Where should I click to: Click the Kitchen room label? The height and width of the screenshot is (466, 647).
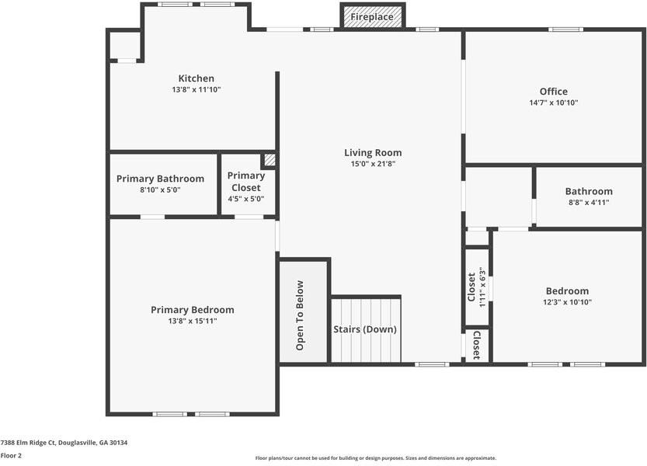196,78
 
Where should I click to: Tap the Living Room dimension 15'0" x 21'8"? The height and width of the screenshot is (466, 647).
373,164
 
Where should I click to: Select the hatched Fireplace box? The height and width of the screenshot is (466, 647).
372,16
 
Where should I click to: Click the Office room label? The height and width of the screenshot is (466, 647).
553,92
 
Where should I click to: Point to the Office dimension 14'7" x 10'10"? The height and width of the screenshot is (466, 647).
553,103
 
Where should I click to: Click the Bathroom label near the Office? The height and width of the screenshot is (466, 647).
588,191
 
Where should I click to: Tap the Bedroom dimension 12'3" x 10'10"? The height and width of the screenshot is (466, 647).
566,302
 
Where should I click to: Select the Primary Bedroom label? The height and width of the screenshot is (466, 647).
192,310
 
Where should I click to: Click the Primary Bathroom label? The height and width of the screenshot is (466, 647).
160,179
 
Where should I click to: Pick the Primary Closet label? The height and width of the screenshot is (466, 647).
245,182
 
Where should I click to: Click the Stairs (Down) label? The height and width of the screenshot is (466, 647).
365,329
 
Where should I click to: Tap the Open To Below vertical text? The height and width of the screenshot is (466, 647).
301,315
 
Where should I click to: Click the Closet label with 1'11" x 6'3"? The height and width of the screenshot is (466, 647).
471,287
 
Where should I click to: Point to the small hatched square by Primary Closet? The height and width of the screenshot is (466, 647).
269,160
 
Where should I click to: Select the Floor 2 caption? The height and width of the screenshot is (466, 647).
11,455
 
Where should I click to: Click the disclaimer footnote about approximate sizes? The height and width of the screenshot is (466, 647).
375,458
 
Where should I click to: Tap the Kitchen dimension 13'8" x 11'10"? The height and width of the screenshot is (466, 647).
196,89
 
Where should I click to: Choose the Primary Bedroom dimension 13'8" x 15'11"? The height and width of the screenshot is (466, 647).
192,321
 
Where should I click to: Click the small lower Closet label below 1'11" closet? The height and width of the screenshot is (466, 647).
476,345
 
